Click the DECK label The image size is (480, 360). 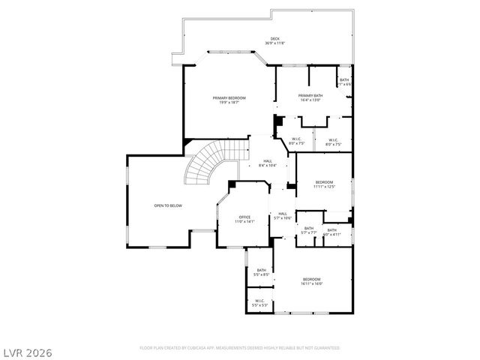274,38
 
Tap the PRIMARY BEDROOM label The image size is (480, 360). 229,98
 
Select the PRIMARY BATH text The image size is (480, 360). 310,96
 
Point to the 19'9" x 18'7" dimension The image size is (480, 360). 229,103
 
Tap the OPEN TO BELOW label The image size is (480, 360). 168,205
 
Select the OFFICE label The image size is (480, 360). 245,217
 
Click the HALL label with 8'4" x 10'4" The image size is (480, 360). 268,160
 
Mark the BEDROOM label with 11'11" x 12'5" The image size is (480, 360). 324,182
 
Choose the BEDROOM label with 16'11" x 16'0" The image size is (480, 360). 312,279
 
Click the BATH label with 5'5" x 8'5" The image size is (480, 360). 262,270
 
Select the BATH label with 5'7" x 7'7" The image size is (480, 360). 309,229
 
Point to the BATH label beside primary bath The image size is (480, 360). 344,80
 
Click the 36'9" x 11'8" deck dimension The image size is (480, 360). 274,43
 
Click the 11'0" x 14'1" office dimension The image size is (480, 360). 245,222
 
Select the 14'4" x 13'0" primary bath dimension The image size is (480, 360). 310,100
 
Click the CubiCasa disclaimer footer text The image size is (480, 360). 240,348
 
